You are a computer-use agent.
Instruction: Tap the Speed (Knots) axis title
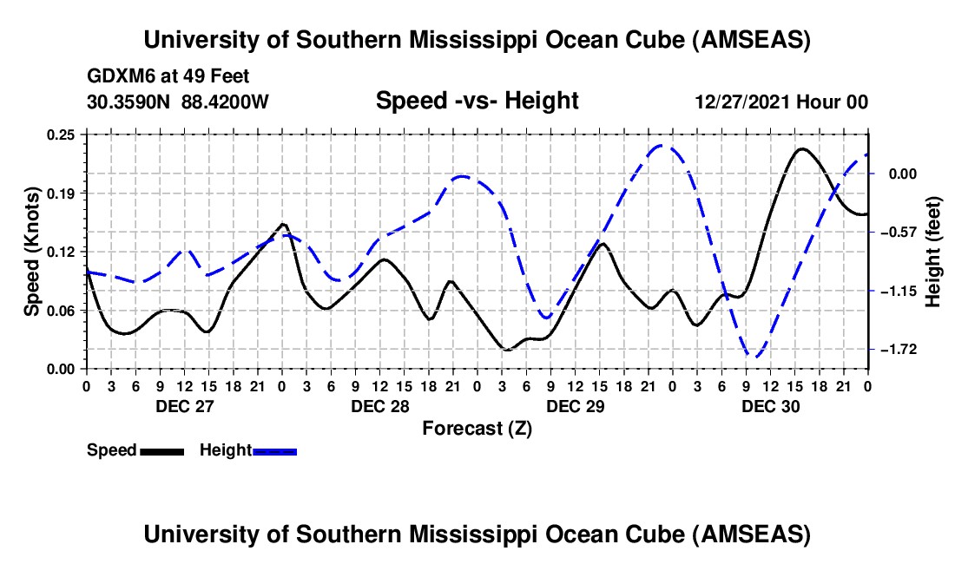click(31, 252)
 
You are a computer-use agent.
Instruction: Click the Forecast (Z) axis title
click(477, 428)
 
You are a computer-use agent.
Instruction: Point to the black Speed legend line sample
click(161, 450)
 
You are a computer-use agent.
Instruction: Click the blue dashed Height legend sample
click(274, 450)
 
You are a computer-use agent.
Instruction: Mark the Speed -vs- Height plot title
click(477, 102)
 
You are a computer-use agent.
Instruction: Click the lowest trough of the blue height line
click(756, 357)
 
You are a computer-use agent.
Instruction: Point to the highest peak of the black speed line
click(801, 148)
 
